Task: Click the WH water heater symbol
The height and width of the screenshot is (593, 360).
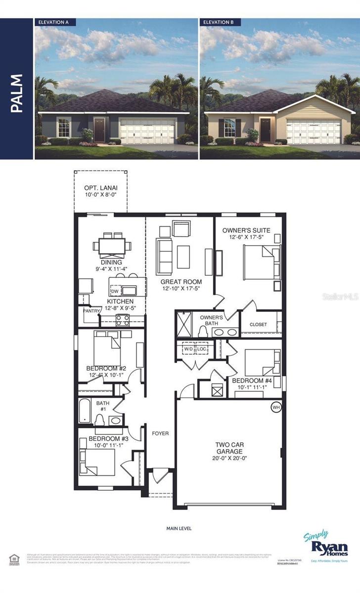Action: click(x=275, y=407)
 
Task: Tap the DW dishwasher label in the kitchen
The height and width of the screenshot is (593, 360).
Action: click(x=115, y=291)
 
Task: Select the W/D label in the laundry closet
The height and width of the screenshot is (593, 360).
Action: click(x=188, y=348)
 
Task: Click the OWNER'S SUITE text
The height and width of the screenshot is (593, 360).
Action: click(x=246, y=230)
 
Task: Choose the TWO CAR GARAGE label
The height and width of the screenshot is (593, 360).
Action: click(x=228, y=448)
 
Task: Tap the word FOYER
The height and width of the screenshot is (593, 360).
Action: click(x=160, y=433)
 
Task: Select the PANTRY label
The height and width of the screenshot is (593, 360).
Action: click(x=91, y=311)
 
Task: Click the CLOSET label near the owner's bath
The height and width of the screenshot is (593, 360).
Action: click(x=258, y=325)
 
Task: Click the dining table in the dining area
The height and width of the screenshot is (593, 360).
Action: click(x=111, y=246)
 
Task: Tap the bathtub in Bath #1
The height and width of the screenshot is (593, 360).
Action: click(x=86, y=411)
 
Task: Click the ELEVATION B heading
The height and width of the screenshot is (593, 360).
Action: click(x=220, y=22)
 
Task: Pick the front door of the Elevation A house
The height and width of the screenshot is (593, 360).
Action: click(x=99, y=129)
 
